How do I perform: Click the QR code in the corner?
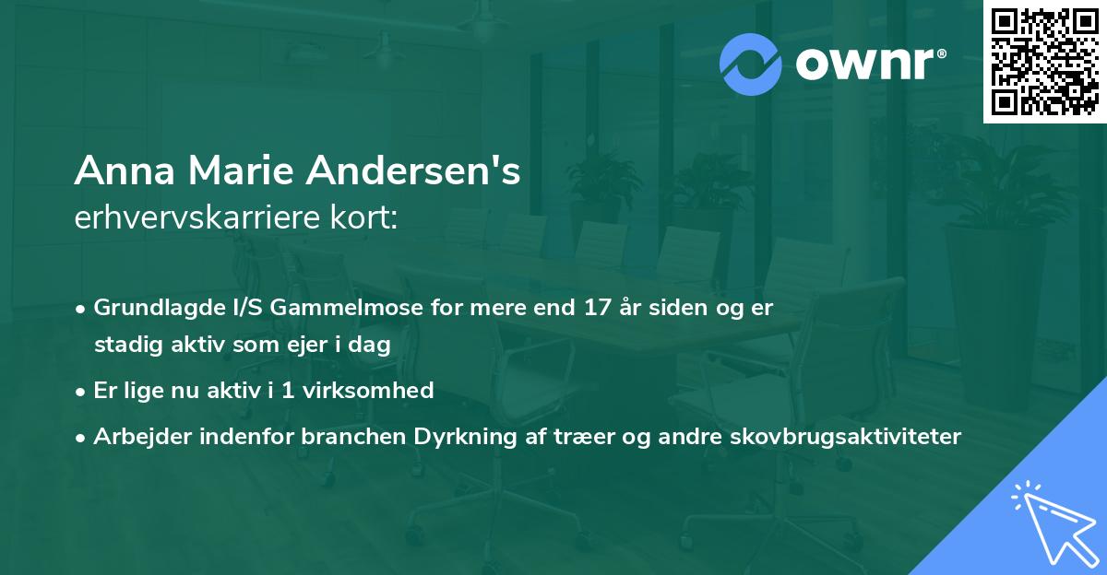pyautogui.click(x=1044, y=62)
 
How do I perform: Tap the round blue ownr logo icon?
pyautogui.click(x=751, y=64)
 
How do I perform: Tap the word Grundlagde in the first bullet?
pyautogui.click(x=151, y=308)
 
